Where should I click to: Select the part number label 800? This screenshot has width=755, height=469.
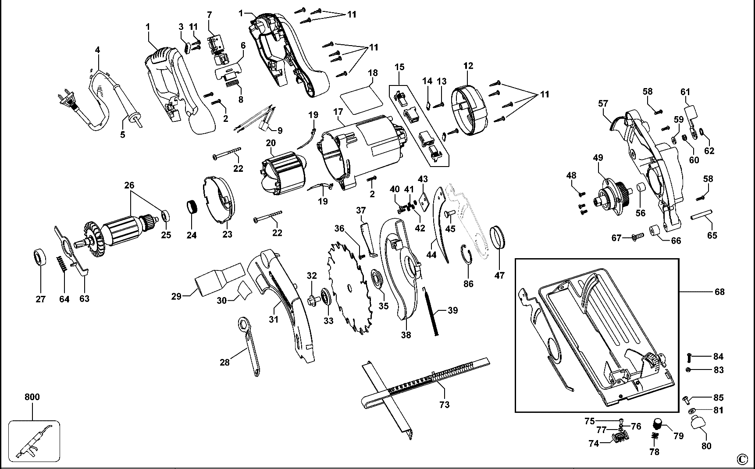coord(32,397)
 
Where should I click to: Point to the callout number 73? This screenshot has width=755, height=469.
coord(444,405)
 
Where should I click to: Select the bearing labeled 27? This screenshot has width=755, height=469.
coord(40,257)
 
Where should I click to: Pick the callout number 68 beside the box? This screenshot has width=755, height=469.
coord(719,292)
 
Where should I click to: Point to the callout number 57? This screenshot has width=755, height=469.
coord(603,103)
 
